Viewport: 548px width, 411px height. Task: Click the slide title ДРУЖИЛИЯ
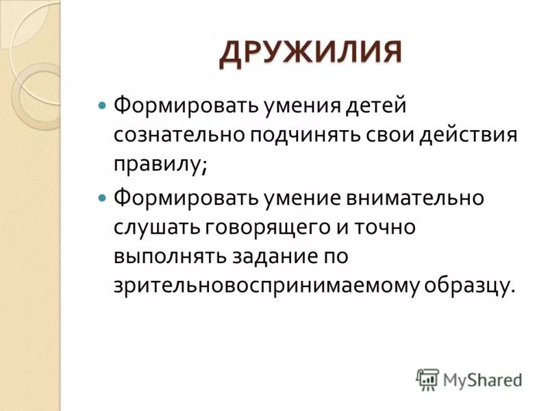tap(310, 53)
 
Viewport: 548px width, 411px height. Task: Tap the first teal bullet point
tap(103, 108)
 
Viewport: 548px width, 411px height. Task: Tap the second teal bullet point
tap(103, 198)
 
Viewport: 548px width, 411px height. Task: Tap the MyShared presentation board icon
tap(427, 379)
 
